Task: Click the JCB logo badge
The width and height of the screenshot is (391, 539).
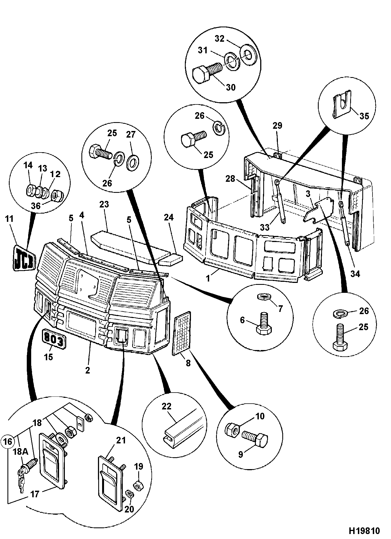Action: [x=23, y=257]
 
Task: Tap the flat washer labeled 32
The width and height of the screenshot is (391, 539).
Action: [x=249, y=54]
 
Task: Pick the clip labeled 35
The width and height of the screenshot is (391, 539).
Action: [x=342, y=104]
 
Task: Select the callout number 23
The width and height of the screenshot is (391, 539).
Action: [x=104, y=205]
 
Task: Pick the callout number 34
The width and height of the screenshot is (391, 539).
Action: [x=355, y=274]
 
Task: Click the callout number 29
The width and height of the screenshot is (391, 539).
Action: [x=278, y=125]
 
